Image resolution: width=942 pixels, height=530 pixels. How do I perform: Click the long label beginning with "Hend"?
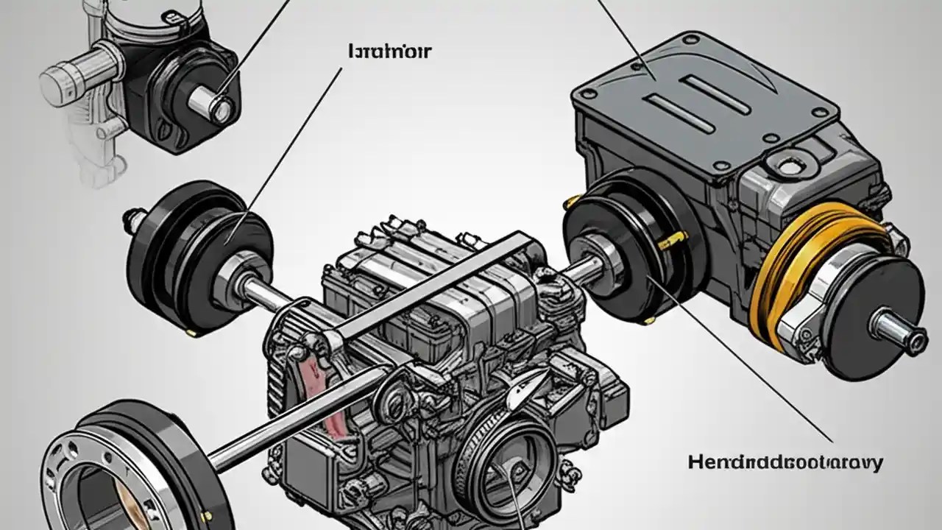coord(785,462)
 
